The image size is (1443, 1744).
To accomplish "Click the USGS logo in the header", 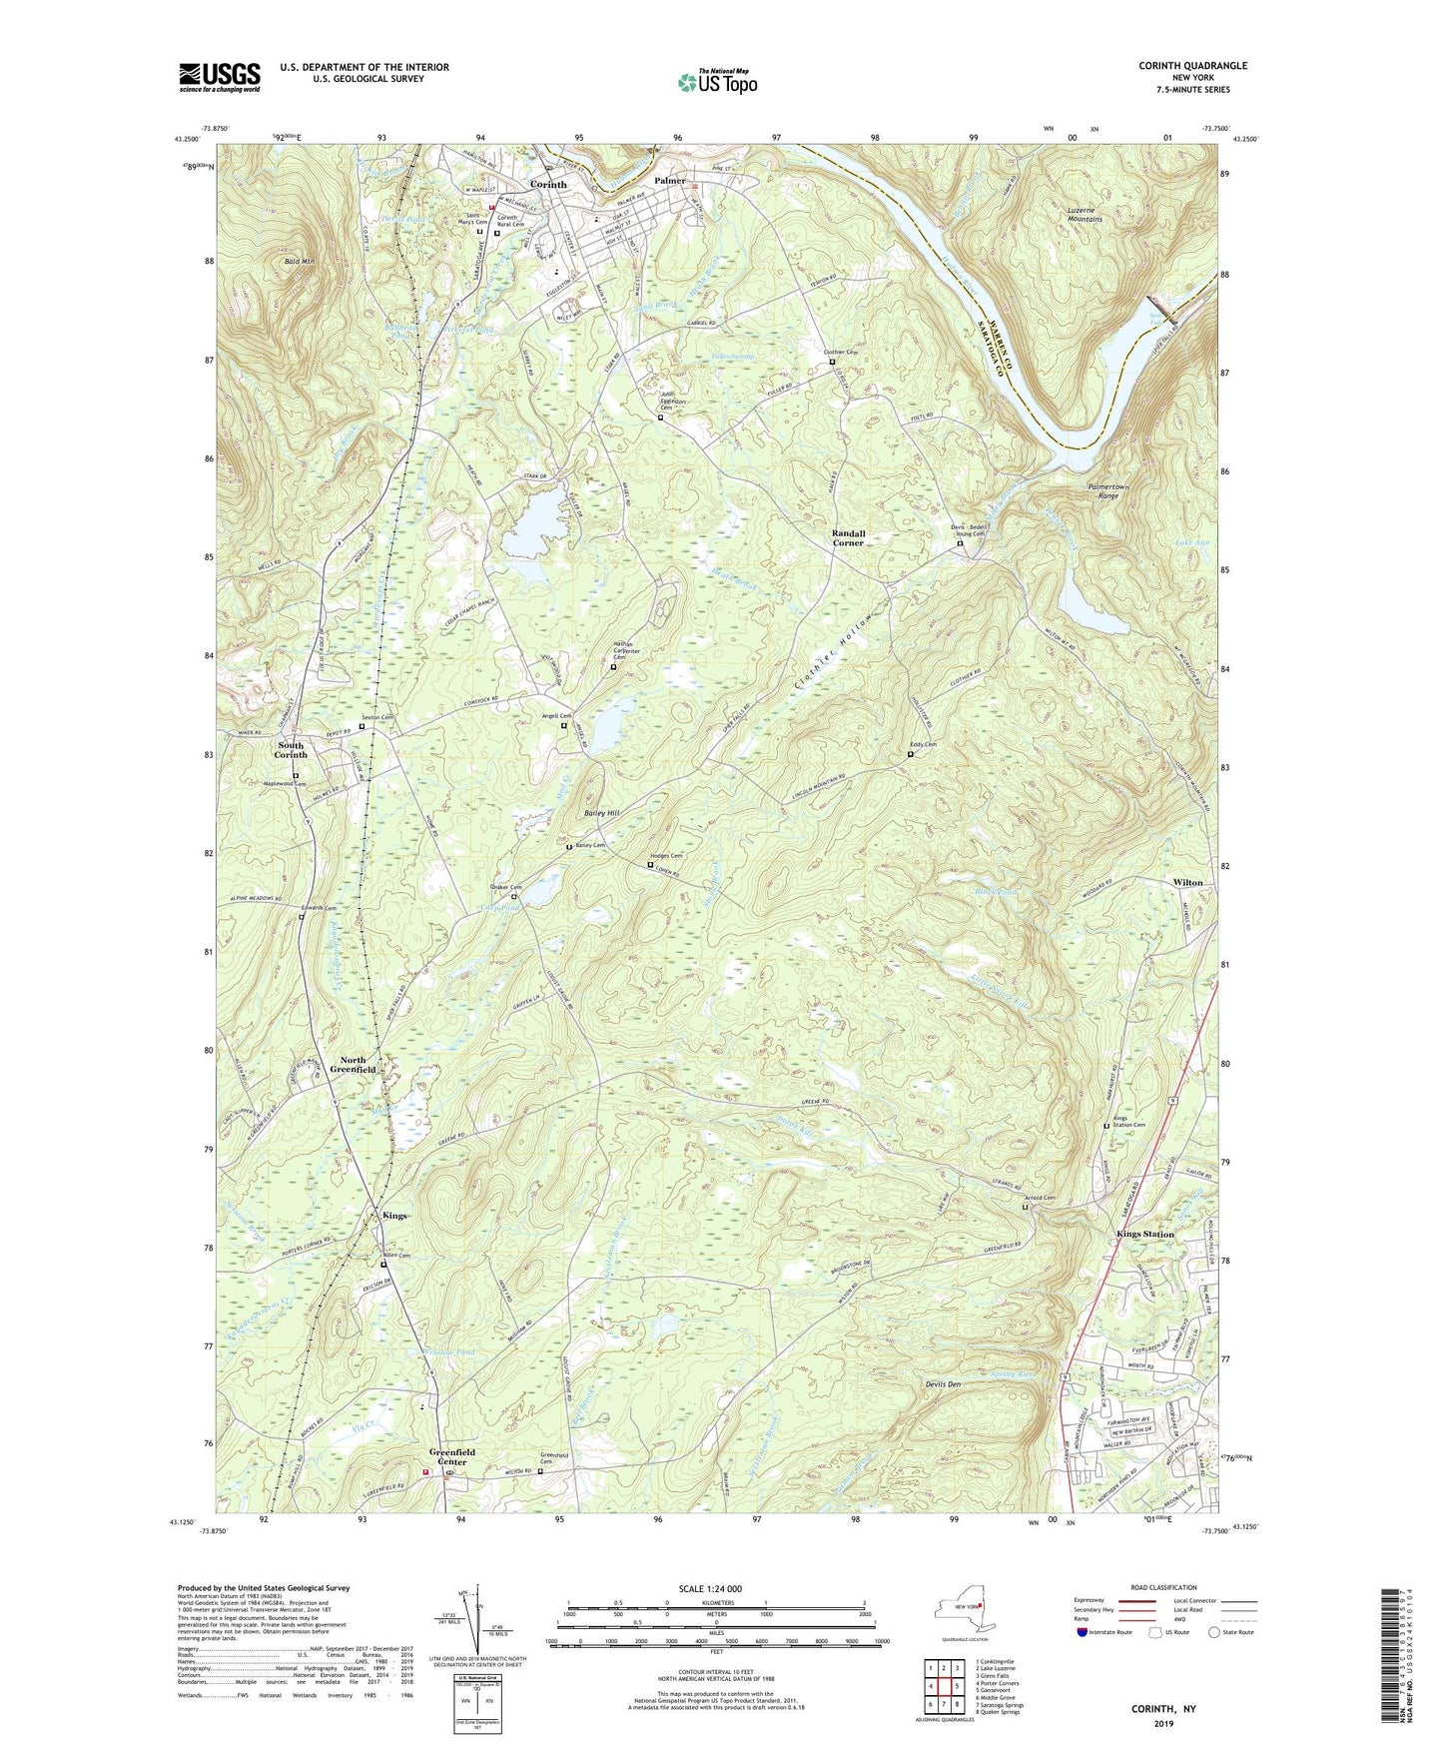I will [220, 77].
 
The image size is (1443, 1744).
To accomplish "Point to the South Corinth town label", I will [292, 750].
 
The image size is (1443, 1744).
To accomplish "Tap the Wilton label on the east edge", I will [1187, 883].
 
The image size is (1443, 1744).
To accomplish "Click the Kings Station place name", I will [1144, 1235].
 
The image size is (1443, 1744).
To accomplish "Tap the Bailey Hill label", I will [601, 814].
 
